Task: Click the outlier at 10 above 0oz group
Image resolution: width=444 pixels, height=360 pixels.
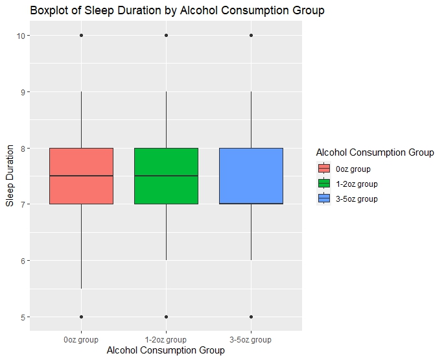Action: (82, 35)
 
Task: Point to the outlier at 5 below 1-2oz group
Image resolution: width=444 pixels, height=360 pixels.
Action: (167, 317)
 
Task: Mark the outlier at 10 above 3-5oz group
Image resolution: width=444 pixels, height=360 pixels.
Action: (251, 35)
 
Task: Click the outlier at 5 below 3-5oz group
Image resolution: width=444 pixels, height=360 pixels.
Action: (251, 317)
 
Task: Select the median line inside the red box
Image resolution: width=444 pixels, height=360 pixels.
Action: (82, 176)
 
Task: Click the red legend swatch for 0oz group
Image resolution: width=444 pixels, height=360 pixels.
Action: (324, 169)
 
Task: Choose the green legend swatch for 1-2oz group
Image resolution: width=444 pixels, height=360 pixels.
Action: (324, 184)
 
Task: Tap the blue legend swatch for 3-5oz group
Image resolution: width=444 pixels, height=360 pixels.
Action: (324, 198)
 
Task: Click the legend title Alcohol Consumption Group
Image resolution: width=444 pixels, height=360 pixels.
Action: (375, 152)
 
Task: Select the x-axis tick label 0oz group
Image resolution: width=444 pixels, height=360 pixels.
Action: (82, 339)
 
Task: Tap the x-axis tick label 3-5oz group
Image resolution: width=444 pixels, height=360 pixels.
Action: (251, 339)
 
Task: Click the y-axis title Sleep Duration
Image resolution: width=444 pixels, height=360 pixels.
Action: (10, 176)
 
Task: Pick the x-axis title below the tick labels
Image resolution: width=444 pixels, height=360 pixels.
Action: (166, 350)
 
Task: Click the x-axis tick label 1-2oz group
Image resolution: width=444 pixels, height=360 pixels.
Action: (167, 339)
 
